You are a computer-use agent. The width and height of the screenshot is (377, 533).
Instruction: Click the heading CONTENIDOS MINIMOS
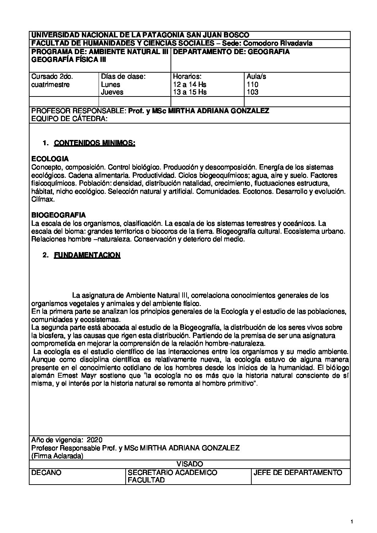[x=94, y=143]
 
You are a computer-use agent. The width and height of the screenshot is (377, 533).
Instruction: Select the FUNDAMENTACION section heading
[x=87, y=255]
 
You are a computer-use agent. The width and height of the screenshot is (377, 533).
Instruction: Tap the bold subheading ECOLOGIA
[x=50, y=159]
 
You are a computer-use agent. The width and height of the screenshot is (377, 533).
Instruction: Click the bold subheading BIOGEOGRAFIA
[x=58, y=215]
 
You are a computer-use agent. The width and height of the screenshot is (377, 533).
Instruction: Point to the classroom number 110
[x=252, y=85]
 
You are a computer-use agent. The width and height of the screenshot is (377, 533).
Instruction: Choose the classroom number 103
[x=252, y=92]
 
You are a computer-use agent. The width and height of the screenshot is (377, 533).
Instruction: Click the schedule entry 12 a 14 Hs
[x=189, y=85]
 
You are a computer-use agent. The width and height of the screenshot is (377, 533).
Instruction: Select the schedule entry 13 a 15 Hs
[x=189, y=92]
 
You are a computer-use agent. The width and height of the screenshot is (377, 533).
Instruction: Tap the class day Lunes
[x=111, y=85]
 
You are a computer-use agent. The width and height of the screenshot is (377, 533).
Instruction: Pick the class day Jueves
[x=112, y=92]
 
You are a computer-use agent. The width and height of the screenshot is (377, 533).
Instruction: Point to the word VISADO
[x=189, y=464]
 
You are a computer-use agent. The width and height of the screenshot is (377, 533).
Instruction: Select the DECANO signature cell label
[x=46, y=473]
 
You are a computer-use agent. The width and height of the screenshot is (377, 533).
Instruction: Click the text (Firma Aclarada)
[x=57, y=456]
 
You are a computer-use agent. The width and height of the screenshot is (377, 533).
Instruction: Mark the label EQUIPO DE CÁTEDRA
[x=69, y=119]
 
